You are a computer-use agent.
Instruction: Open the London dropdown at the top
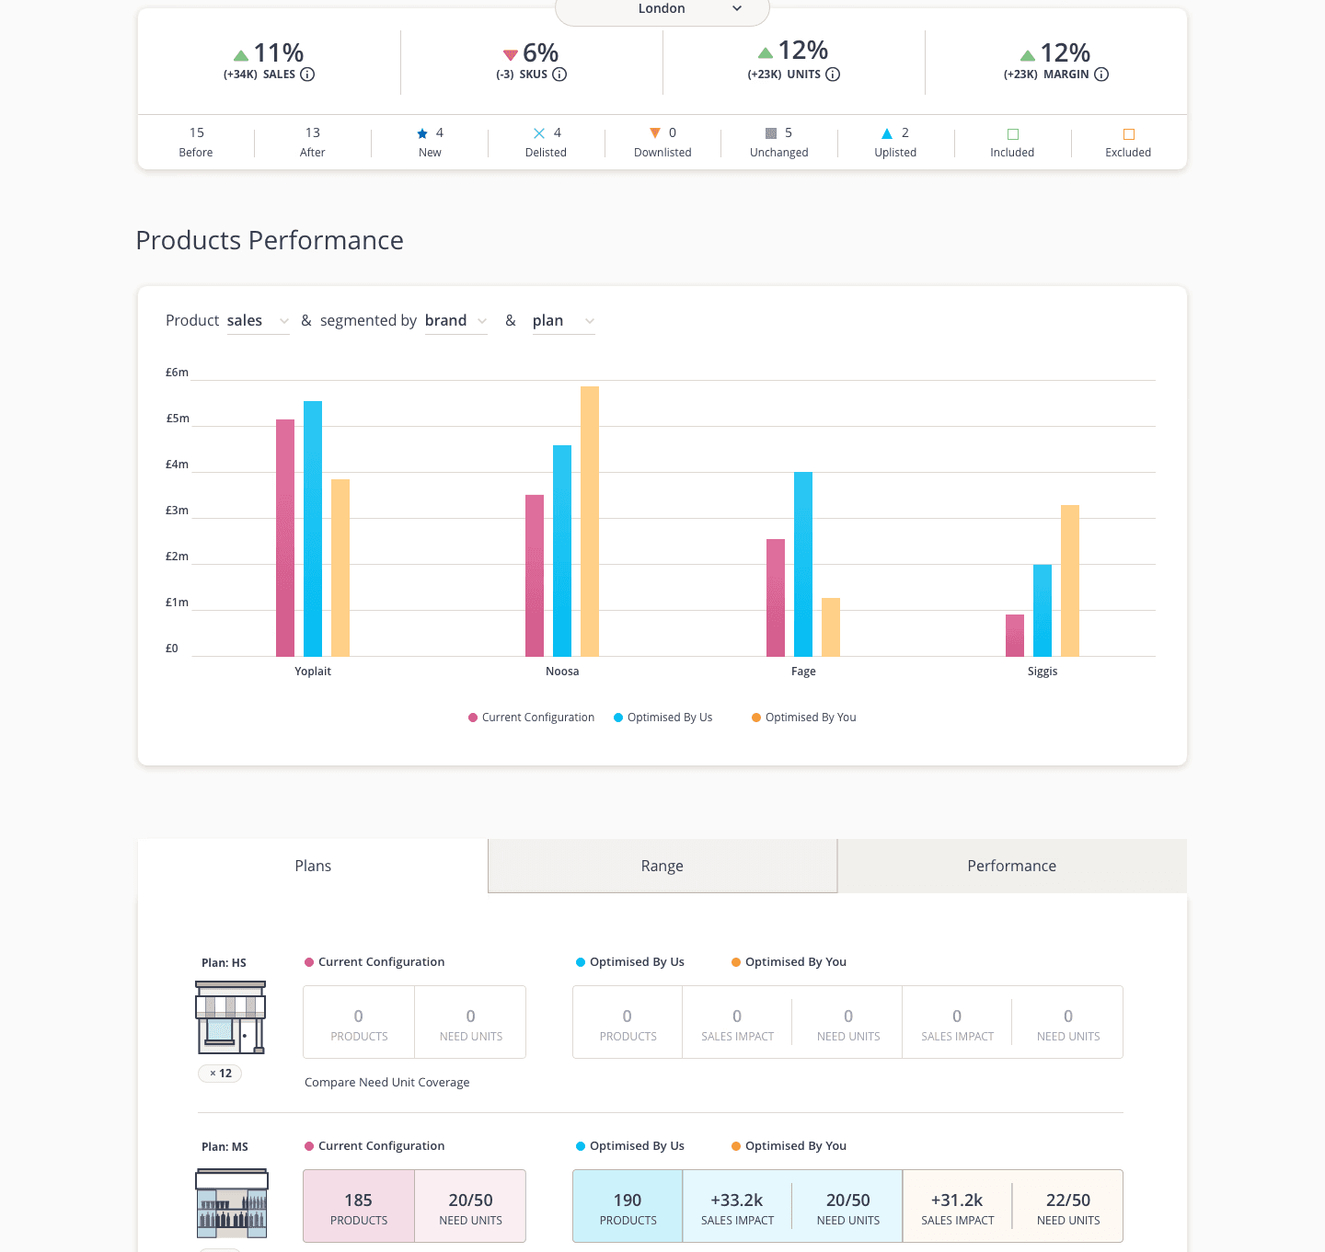pyautogui.click(x=662, y=9)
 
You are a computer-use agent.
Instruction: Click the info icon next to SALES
pyautogui.click(x=307, y=75)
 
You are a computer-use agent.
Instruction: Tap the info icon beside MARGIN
pyautogui.click(x=1101, y=75)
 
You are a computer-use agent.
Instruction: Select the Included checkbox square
pyautogui.click(x=1013, y=134)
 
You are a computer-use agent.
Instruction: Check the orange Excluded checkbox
pyautogui.click(x=1129, y=134)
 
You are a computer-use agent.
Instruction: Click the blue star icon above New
pyautogui.click(x=422, y=133)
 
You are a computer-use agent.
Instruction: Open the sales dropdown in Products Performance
pyautogui.click(x=258, y=321)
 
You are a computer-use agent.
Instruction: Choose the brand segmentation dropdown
pyautogui.click(x=455, y=321)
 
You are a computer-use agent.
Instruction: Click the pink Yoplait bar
pyautogui.click(x=285, y=537)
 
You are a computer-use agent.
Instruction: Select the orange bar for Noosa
pyautogui.click(x=590, y=521)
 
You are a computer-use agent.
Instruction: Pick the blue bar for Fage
pyautogui.click(x=803, y=563)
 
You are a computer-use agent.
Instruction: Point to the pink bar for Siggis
pyautogui.click(x=1015, y=635)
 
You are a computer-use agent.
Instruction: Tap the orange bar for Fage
pyautogui.click(x=831, y=626)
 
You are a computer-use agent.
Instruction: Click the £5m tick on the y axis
pyautogui.click(x=178, y=419)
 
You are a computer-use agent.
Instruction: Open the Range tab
pyautogui.click(x=662, y=866)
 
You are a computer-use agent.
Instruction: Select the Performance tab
pyautogui.click(x=1011, y=866)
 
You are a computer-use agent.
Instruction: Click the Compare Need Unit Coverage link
pyautogui.click(x=386, y=1083)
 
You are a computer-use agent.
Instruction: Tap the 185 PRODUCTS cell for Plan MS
pyautogui.click(x=359, y=1206)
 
